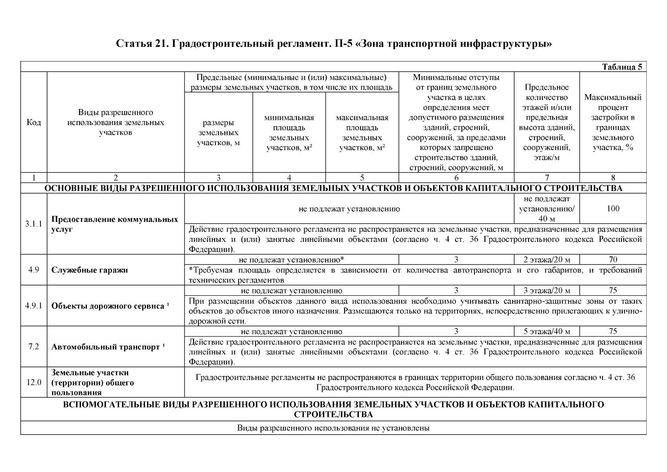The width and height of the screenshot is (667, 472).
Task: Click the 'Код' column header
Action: tap(34, 122)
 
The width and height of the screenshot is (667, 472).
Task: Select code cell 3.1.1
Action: tap(34, 224)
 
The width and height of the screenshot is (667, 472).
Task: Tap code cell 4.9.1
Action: tap(34, 306)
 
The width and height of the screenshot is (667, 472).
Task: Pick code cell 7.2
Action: tap(34, 347)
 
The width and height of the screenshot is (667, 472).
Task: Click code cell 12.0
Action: tap(34, 382)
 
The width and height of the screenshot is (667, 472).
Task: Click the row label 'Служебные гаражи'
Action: tap(90, 270)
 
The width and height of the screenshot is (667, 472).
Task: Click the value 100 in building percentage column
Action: tap(613, 208)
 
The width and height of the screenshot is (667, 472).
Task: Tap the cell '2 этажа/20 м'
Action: tap(546, 260)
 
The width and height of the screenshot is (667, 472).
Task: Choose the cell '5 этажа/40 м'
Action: tap(546, 332)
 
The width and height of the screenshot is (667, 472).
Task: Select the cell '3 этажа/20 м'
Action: tap(546, 291)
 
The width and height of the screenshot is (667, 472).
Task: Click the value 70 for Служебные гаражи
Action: tap(613, 260)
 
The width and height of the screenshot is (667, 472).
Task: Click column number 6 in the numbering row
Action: tap(456, 178)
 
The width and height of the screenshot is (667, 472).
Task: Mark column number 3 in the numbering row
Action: tap(219, 178)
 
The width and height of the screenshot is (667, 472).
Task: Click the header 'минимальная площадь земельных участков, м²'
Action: tap(289, 133)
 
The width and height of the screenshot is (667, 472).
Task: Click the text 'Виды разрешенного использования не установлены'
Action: tap(333, 428)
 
